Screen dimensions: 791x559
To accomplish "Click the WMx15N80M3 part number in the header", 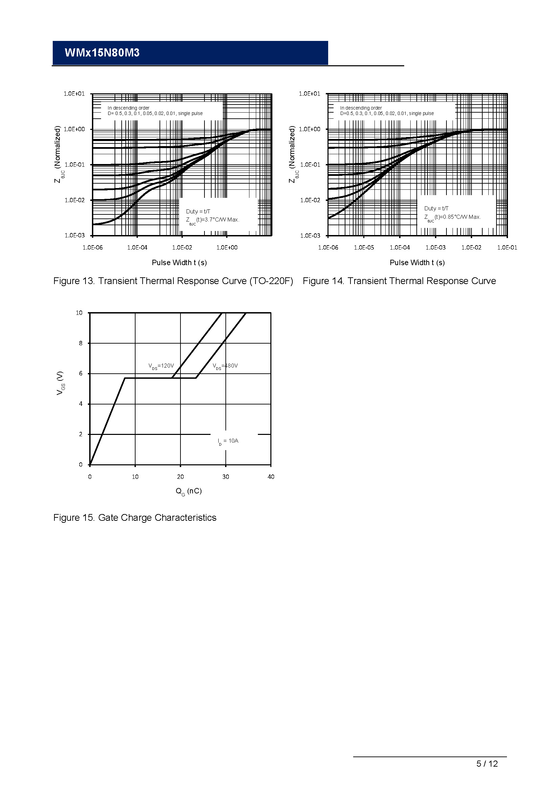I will [x=102, y=53].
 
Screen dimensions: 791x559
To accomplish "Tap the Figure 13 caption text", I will [x=173, y=281].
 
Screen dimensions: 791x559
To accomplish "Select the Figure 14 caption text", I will [x=399, y=281].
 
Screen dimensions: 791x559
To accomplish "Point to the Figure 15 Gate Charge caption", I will [x=135, y=518].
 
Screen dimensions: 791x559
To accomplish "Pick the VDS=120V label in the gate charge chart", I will [x=161, y=366].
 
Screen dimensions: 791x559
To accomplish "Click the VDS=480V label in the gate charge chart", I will [x=225, y=366].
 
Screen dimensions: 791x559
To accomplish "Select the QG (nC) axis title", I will [x=189, y=491].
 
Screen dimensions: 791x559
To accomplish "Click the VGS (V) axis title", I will [x=60, y=383].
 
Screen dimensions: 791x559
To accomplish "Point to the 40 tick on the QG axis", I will [x=271, y=477].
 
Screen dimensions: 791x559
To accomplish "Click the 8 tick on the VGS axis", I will [x=81, y=343].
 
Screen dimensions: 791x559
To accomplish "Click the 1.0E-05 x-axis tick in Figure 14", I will [x=364, y=248].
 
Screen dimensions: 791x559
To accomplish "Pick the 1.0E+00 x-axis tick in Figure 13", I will [x=227, y=248].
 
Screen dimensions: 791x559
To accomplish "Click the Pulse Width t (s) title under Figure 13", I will [x=179, y=262].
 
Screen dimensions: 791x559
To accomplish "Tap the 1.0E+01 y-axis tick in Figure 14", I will [x=310, y=94].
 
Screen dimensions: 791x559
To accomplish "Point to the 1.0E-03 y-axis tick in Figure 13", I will [x=75, y=236].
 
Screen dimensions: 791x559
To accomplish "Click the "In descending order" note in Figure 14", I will [x=361, y=108].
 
